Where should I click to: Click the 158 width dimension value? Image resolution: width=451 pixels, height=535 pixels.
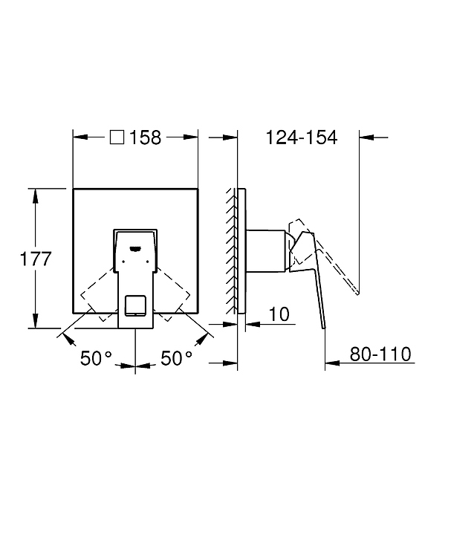pyautogui.click(x=146, y=137)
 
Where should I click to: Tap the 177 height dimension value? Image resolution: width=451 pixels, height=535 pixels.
pyautogui.click(x=36, y=259)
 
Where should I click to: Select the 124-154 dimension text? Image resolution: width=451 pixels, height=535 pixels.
pyautogui.click(x=302, y=137)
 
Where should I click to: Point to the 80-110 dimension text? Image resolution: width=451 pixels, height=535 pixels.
pyautogui.click(x=380, y=354)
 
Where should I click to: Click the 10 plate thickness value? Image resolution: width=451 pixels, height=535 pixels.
pyautogui.click(x=279, y=314)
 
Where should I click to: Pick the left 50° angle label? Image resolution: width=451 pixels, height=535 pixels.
pyautogui.click(x=96, y=358)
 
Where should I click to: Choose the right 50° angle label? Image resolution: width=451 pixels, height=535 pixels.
pyautogui.click(x=176, y=358)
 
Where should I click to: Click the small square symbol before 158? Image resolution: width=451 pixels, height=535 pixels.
pyautogui.click(x=117, y=137)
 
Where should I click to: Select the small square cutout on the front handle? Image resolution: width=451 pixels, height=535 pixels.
pyautogui.click(x=135, y=305)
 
